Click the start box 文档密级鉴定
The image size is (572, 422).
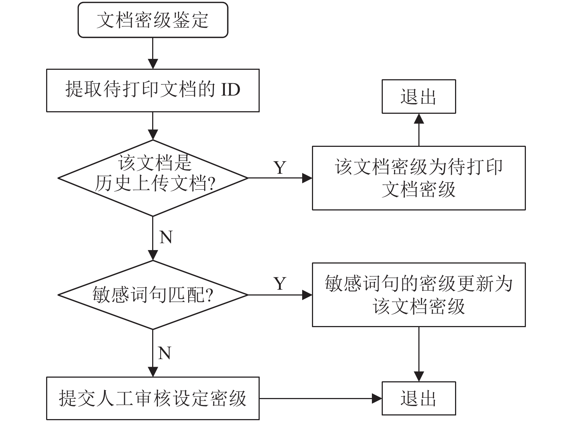tap(153, 20)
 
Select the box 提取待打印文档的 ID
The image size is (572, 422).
tap(153, 91)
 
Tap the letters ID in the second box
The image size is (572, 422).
tap(230, 90)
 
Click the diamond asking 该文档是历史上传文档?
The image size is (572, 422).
tap(153, 178)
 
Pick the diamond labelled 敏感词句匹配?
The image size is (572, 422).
tap(153, 295)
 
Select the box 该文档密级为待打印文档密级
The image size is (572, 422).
tap(419, 178)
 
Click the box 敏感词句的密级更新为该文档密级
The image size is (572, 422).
tap(419, 295)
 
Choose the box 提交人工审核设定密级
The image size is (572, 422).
tap(153, 398)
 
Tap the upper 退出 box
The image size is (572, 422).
tap(419, 96)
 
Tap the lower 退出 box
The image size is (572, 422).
tap(419, 398)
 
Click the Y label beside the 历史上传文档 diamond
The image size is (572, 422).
tap(280, 168)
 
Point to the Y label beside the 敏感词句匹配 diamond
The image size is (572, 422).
tap(280, 284)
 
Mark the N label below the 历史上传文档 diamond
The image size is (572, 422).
tap(166, 237)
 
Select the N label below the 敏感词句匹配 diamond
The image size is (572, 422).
tap(164, 353)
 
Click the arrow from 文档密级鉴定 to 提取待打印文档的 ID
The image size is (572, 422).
tap(153, 53)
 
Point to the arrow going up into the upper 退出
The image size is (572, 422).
tap(419, 130)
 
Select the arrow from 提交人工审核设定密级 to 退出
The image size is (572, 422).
tap(320, 398)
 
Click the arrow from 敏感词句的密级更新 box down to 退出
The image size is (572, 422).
tap(419, 354)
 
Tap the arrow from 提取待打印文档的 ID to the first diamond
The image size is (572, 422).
tap(153, 126)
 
